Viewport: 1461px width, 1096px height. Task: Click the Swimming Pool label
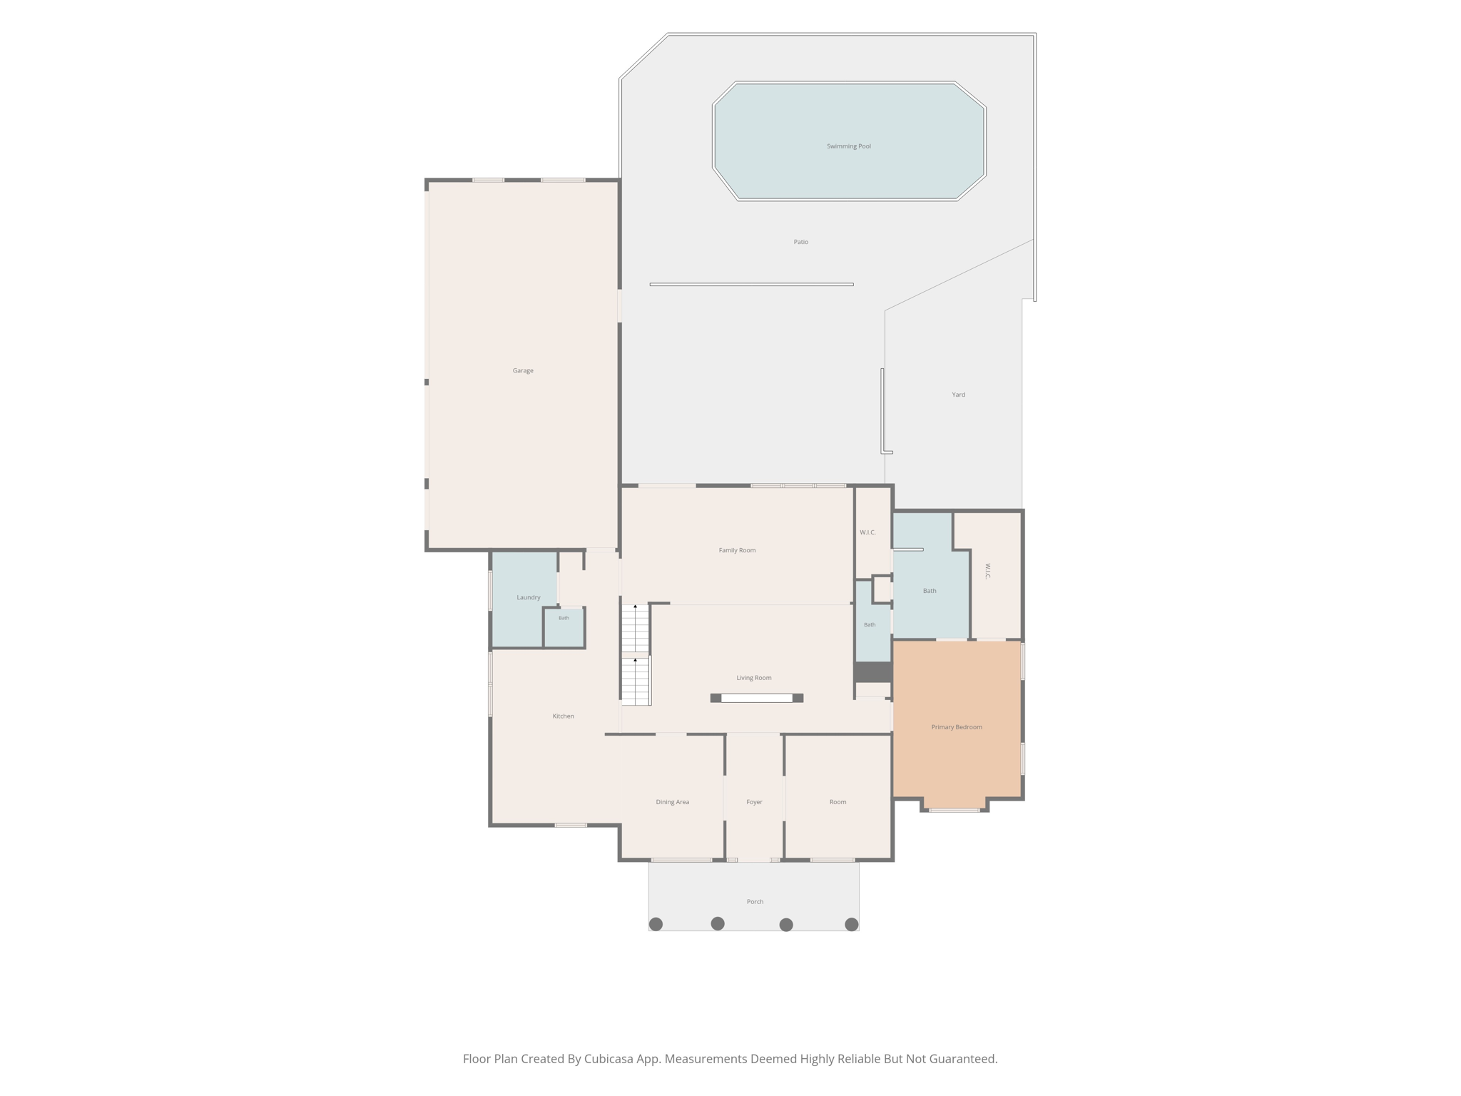point(848,146)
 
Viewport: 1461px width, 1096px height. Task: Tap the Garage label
point(523,370)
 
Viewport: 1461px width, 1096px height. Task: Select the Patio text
point(800,242)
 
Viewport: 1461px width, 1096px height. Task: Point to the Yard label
point(958,395)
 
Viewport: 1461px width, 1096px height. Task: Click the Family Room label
point(737,550)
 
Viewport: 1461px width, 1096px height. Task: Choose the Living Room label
point(753,678)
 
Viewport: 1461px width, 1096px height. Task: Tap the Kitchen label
point(563,716)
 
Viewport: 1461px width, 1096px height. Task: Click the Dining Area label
point(672,802)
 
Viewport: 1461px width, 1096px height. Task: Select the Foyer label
point(754,802)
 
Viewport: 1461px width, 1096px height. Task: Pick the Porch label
point(755,902)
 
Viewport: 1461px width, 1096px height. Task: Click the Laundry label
point(528,597)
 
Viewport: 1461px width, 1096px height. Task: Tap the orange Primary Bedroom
point(957,719)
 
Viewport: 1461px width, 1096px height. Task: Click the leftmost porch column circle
point(656,924)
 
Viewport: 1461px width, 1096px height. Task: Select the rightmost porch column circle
point(851,924)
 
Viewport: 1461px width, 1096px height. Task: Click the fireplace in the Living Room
point(756,698)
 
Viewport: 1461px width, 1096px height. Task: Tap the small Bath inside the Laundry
point(564,627)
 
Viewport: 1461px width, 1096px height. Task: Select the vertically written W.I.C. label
point(988,571)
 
